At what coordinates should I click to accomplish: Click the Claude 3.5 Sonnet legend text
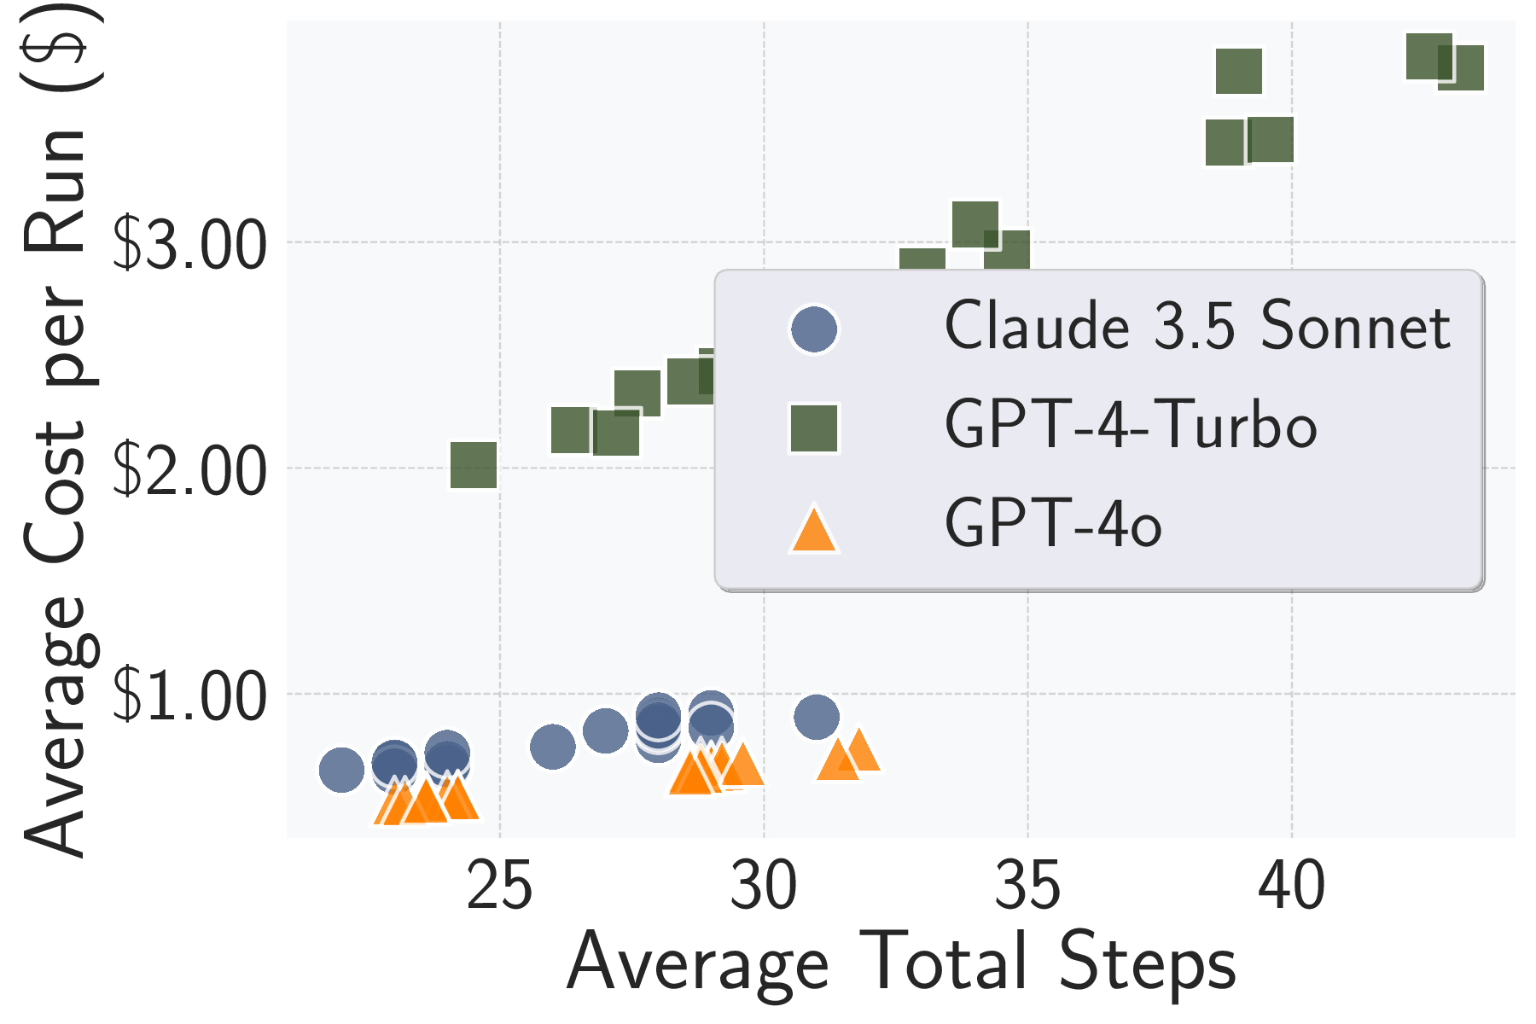pyautogui.click(x=1196, y=327)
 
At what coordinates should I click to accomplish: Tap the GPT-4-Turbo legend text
pyautogui.click(x=1131, y=425)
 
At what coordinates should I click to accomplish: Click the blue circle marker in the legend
pyautogui.click(x=814, y=329)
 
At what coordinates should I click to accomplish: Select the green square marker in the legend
pyautogui.click(x=814, y=428)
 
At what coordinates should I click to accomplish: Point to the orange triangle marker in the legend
pyautogui.click(x=814, y=531)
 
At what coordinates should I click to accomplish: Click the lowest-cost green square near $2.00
pyautogui.click(x=474, y=465)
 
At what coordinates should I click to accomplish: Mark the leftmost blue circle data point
pyautogui.click(x=341, y=770)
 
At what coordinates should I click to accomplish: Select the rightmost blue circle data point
pyautogui.click(x=817, y=717)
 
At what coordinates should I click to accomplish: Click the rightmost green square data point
pyautogui.click(x=1461, y=67)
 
